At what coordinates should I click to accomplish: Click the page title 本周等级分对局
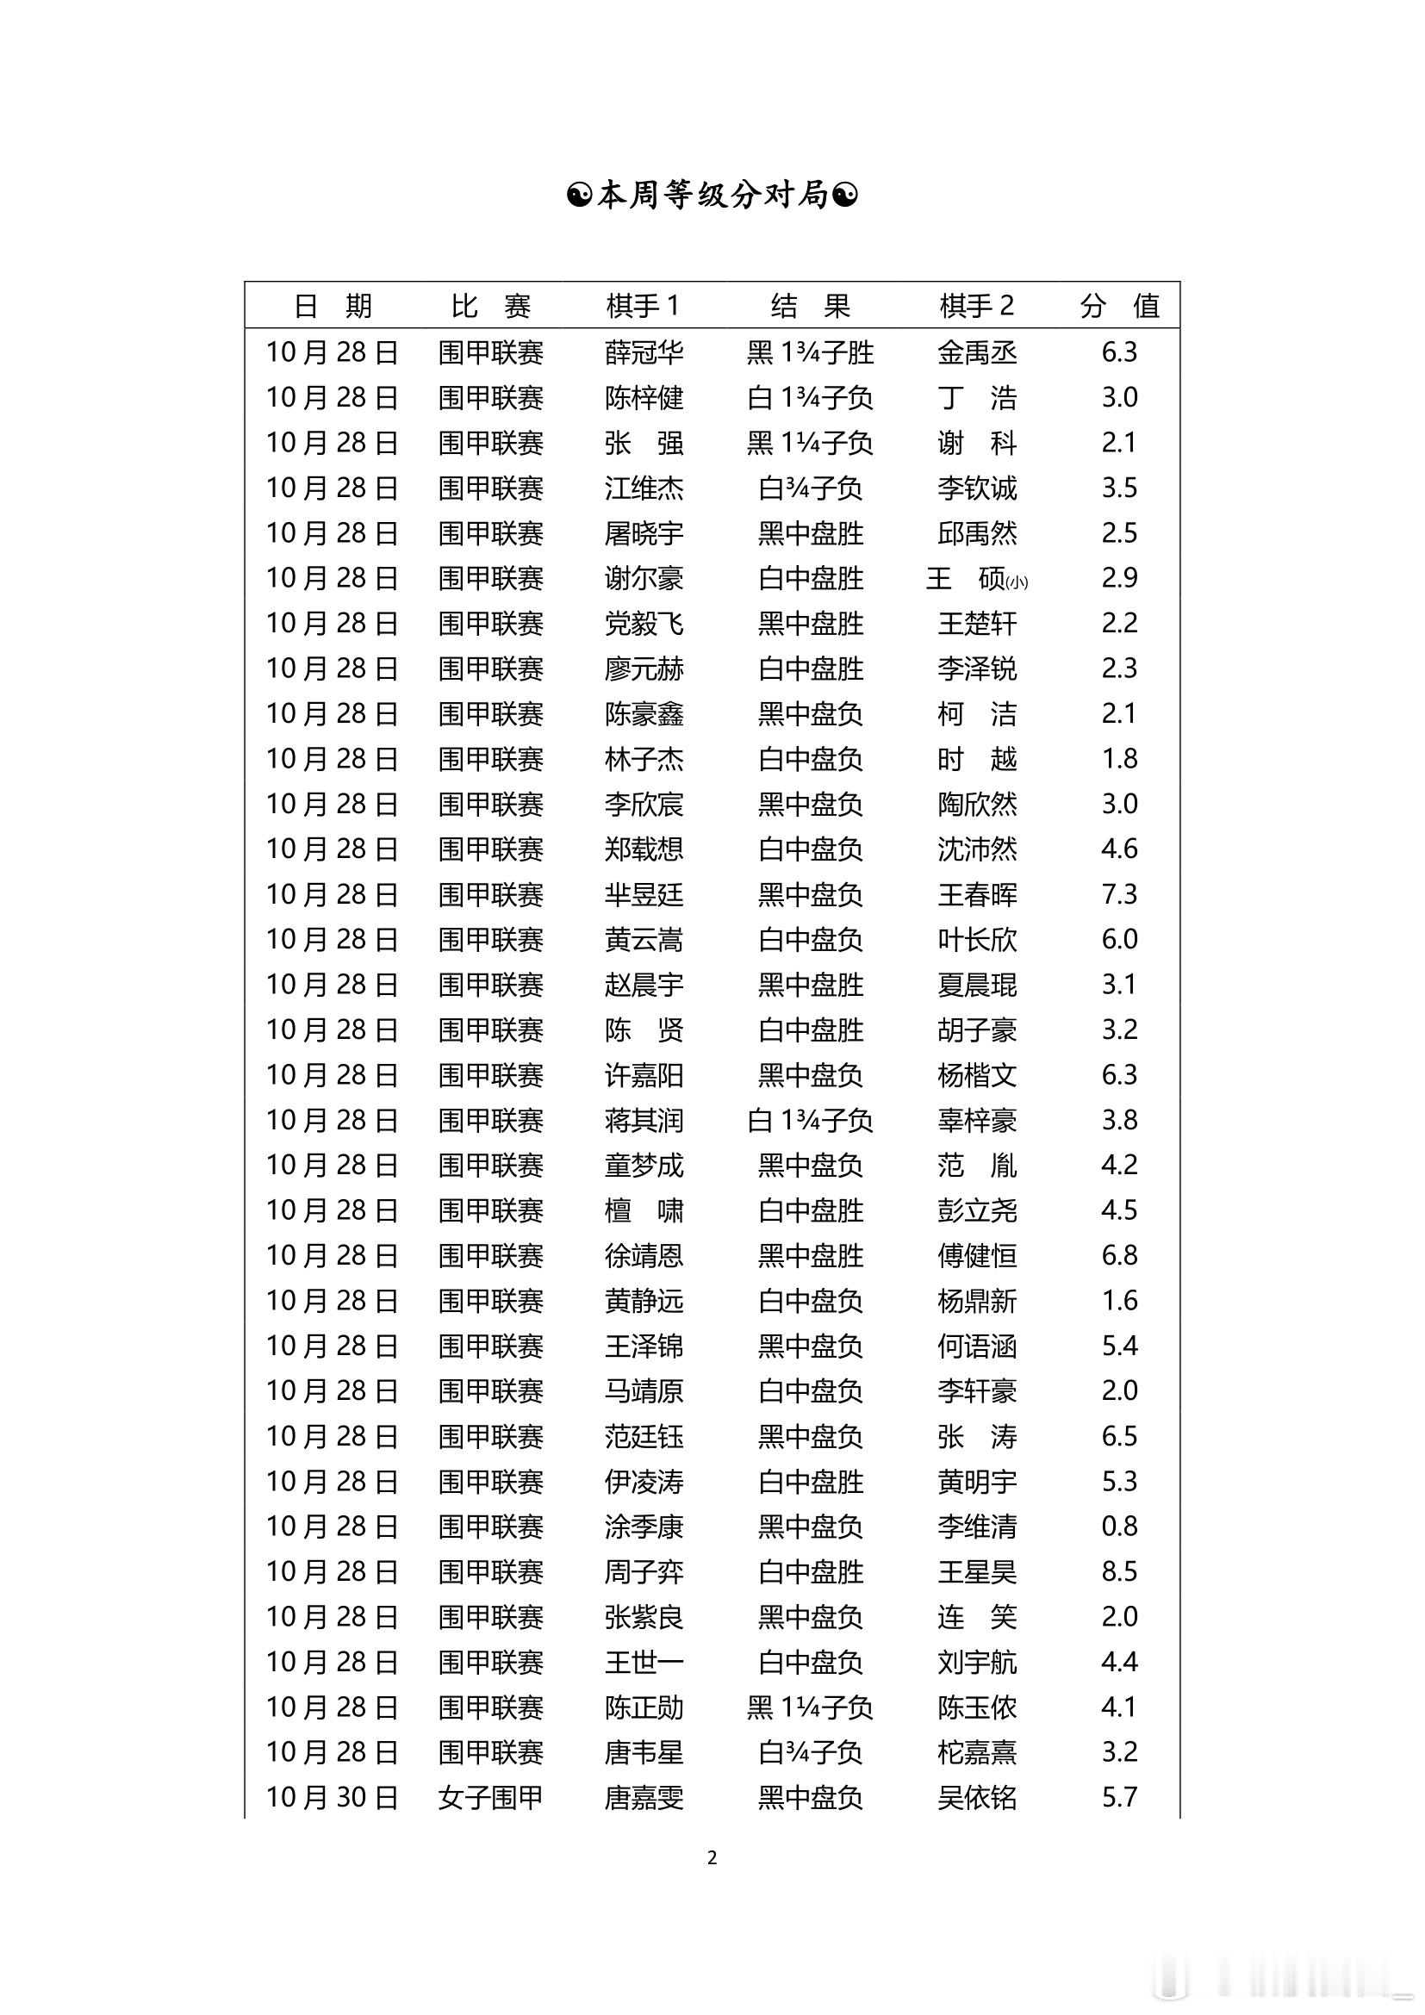pyautogui.click(x=712, y=195)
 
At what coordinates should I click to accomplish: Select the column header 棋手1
pyautogui.click(x=643, y=306)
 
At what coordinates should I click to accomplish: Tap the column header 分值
pyautogui.click(x=1120, y=306)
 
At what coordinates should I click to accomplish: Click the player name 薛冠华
pyautogui.click(x=644, y=353)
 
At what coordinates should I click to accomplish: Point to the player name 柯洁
pyautogui.click(x=977, y=713)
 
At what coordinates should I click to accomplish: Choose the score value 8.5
pyautogui.click(x=1120, y=1571)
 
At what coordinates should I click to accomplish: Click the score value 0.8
pyautogui.click(x=1120, y=1527)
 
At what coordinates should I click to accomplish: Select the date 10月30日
pyautogui.click(x=332, y=1797)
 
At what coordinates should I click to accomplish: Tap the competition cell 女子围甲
pyautogui.click(x=490, y=1797)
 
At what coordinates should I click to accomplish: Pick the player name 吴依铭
pyautogui.click(x=977, y=1797)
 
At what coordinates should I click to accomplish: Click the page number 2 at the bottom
pyautogui.click(x=712, y=1858)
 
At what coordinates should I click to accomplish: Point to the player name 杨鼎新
pyautogui.click(x=977, y=1301)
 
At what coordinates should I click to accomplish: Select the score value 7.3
pyautogui.click(x=1120, y=894)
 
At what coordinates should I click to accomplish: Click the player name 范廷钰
pyautogui.click(x=644, y=1436)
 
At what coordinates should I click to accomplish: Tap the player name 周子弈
pyautogui.click(x=644, y=1571)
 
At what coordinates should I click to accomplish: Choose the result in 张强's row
pyautogui.click(x=810, y=443)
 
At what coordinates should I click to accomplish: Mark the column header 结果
pyautogui.click(x=810, y=306)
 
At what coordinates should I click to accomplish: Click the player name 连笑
pyautogui.click(x=977, y=1616)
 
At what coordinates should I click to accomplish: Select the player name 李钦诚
pyautogui.click(x=977, y=488)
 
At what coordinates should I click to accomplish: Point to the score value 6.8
pyautogui.click(x=1120, y=1255)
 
